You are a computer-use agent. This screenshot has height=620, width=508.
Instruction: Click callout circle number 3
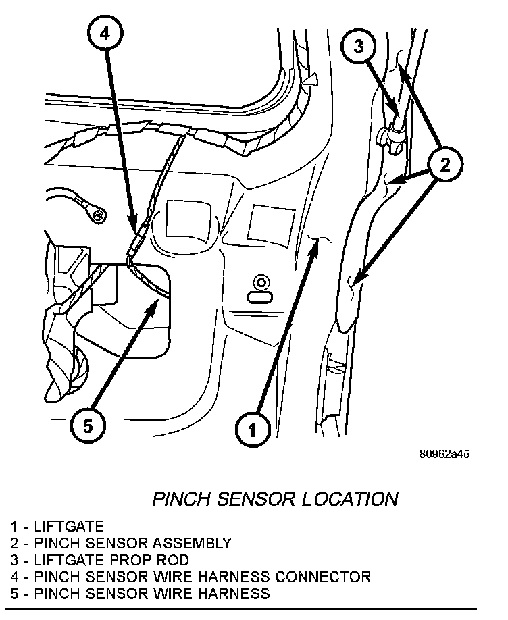(x=359, y=47)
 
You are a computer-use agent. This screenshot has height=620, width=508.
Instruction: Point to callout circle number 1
(x=253, y=428)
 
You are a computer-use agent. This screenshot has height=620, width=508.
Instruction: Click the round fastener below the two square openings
(x=260, y=282)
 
